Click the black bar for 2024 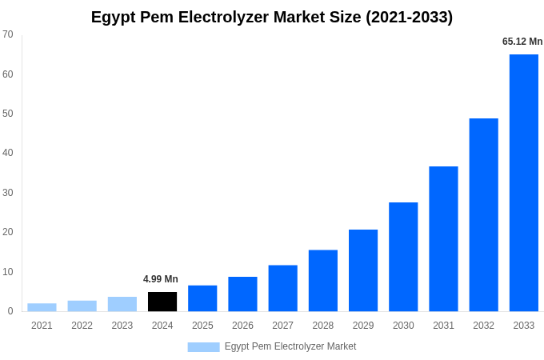(162, 302)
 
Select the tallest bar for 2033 (524, 182)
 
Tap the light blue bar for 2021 (42, 307)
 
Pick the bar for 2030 (403, 257)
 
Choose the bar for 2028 (323, 281)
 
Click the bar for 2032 (483, 214)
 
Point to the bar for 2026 (242, 294)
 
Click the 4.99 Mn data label (161, 279)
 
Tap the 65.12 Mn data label (522, 42)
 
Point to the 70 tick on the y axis (8, 34)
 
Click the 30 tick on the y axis (8, 193)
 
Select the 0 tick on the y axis (10, 311)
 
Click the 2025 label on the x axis (202, 326)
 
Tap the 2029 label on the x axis (363, 326)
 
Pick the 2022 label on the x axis (82, 326)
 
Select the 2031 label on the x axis (443, 326)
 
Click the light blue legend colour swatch (203, 347)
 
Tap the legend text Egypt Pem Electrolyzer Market (290, 346)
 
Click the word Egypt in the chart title (114, 18)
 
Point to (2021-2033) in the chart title (409, 17)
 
